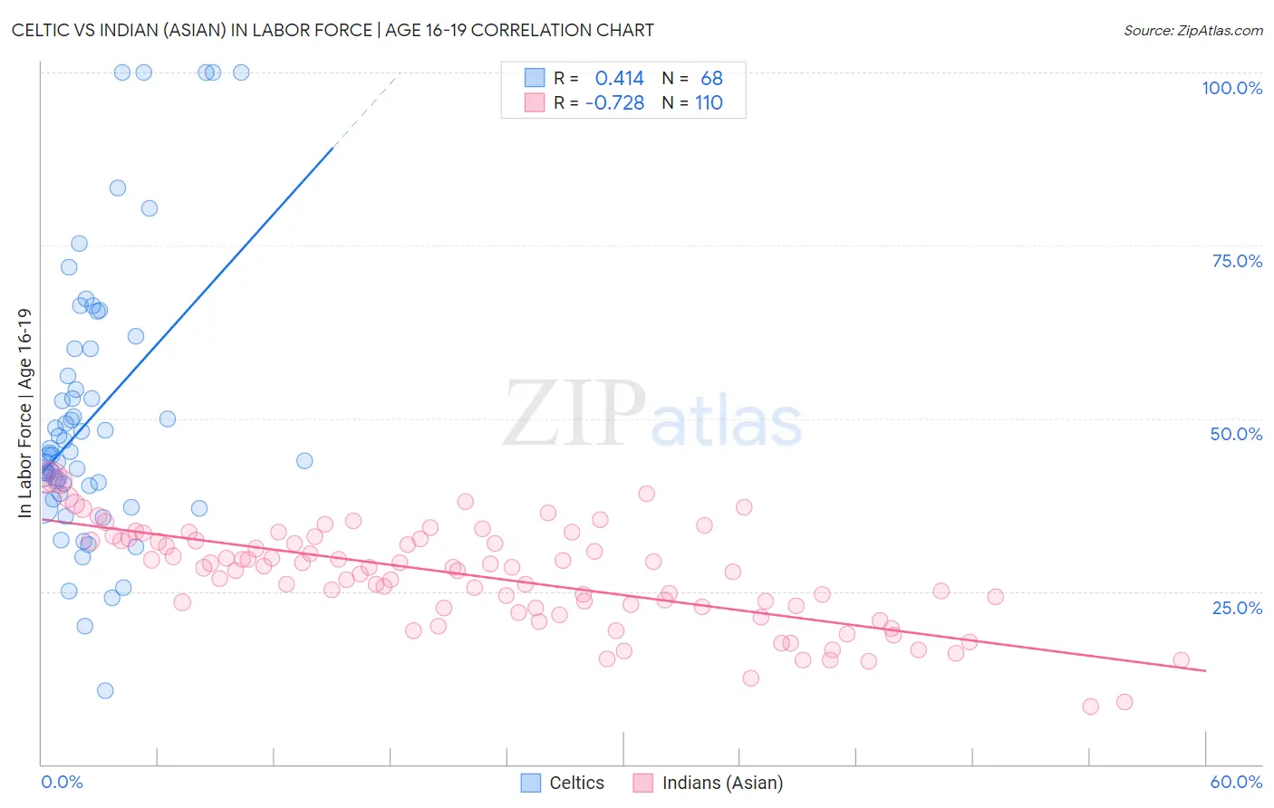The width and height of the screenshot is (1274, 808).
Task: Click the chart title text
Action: point(333,30)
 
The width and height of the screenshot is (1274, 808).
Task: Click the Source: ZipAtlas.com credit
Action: point(1192,30)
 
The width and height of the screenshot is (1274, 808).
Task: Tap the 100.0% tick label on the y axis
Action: point(1231,88)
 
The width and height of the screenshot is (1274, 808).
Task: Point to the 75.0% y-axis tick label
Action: point(1237,261)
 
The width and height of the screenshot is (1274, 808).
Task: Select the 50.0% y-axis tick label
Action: point(1236,434)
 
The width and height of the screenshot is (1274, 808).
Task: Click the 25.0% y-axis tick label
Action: point(1237,607)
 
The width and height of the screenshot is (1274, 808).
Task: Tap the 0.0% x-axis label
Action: point(62,782)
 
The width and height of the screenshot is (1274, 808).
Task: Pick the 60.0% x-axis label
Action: point(1236,782)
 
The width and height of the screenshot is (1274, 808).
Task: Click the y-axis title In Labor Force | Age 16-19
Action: point(24,413)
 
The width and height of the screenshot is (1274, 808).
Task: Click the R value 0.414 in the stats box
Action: point(619,79)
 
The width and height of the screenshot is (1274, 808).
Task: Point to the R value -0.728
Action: point(614,103)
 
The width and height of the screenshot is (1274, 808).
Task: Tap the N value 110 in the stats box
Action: point(709,103)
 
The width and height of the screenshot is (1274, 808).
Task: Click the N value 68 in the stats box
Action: point(711,79)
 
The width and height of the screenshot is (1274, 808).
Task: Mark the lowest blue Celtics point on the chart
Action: point(105,690)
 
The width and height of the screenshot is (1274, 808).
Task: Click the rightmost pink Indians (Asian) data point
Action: point(1181,659)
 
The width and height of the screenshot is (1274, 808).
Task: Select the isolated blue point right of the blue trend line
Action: point(304,460)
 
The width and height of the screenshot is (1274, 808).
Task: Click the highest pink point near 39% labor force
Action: point(646,494)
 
